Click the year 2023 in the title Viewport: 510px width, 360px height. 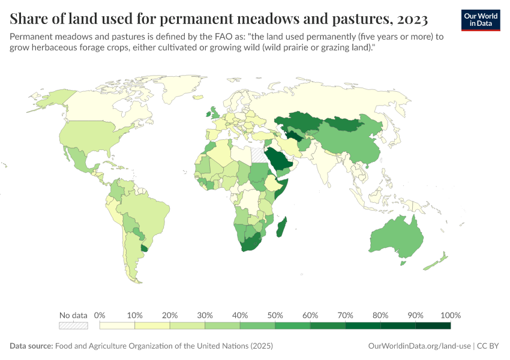click(412, 19)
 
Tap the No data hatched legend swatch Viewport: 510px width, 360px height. click(73, 326)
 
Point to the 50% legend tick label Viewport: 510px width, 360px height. click(275, 315)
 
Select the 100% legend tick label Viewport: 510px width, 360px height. click(450, 315)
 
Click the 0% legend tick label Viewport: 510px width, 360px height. click(100, 315)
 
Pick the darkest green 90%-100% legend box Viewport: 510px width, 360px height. click(433, 326)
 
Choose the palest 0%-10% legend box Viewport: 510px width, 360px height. click(117, 326)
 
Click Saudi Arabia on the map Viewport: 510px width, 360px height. click(280, 160)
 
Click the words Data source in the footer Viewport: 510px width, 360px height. click(31, 346)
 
